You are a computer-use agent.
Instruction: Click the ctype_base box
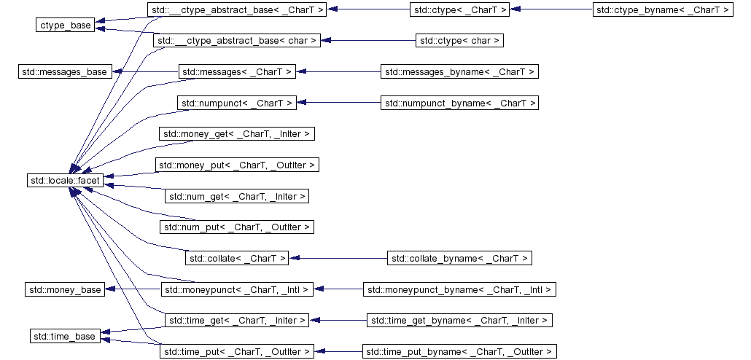click(x=66, y=26)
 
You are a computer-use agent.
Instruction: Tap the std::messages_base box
click(x=65, y=71)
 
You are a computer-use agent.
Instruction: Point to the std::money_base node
click(x=65, y=290)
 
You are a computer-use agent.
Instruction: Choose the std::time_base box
click(x=65, y=336)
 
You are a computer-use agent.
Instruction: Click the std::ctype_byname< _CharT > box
click(x=662, y=10)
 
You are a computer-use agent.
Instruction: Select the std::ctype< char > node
click(x=460, y=41)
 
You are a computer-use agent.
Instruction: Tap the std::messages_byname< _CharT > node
click(x=460, y=71)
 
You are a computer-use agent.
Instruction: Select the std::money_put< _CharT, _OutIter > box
click(x=237, y=165)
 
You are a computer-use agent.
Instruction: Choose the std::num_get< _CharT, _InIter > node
click(x=237, y=196)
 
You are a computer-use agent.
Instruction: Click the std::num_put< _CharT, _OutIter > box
click(x=237, y=227)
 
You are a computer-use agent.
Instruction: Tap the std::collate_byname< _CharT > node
click(x=460, y=258)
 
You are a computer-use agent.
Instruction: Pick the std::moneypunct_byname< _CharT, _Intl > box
click(x=460, y=290)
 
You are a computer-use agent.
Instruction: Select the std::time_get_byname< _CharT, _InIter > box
click(x=460, y=320)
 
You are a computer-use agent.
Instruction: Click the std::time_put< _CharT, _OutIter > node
click(x=237, y=351)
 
